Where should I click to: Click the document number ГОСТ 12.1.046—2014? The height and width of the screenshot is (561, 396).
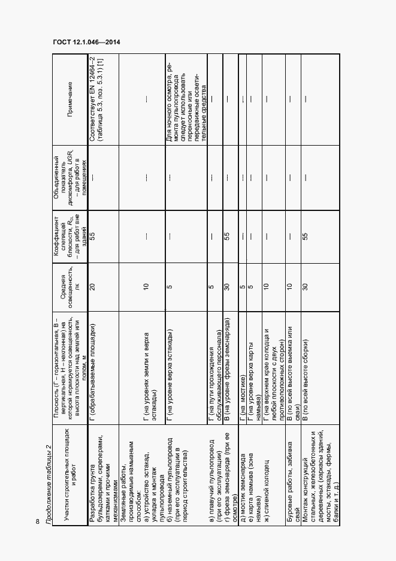[86, 41]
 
